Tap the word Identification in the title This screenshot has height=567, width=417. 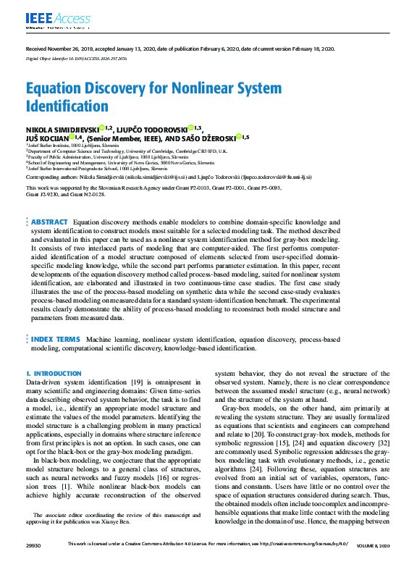point(67,106)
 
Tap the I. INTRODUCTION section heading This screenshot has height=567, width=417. point(54,374)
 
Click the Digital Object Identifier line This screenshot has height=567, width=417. point(77,59)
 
